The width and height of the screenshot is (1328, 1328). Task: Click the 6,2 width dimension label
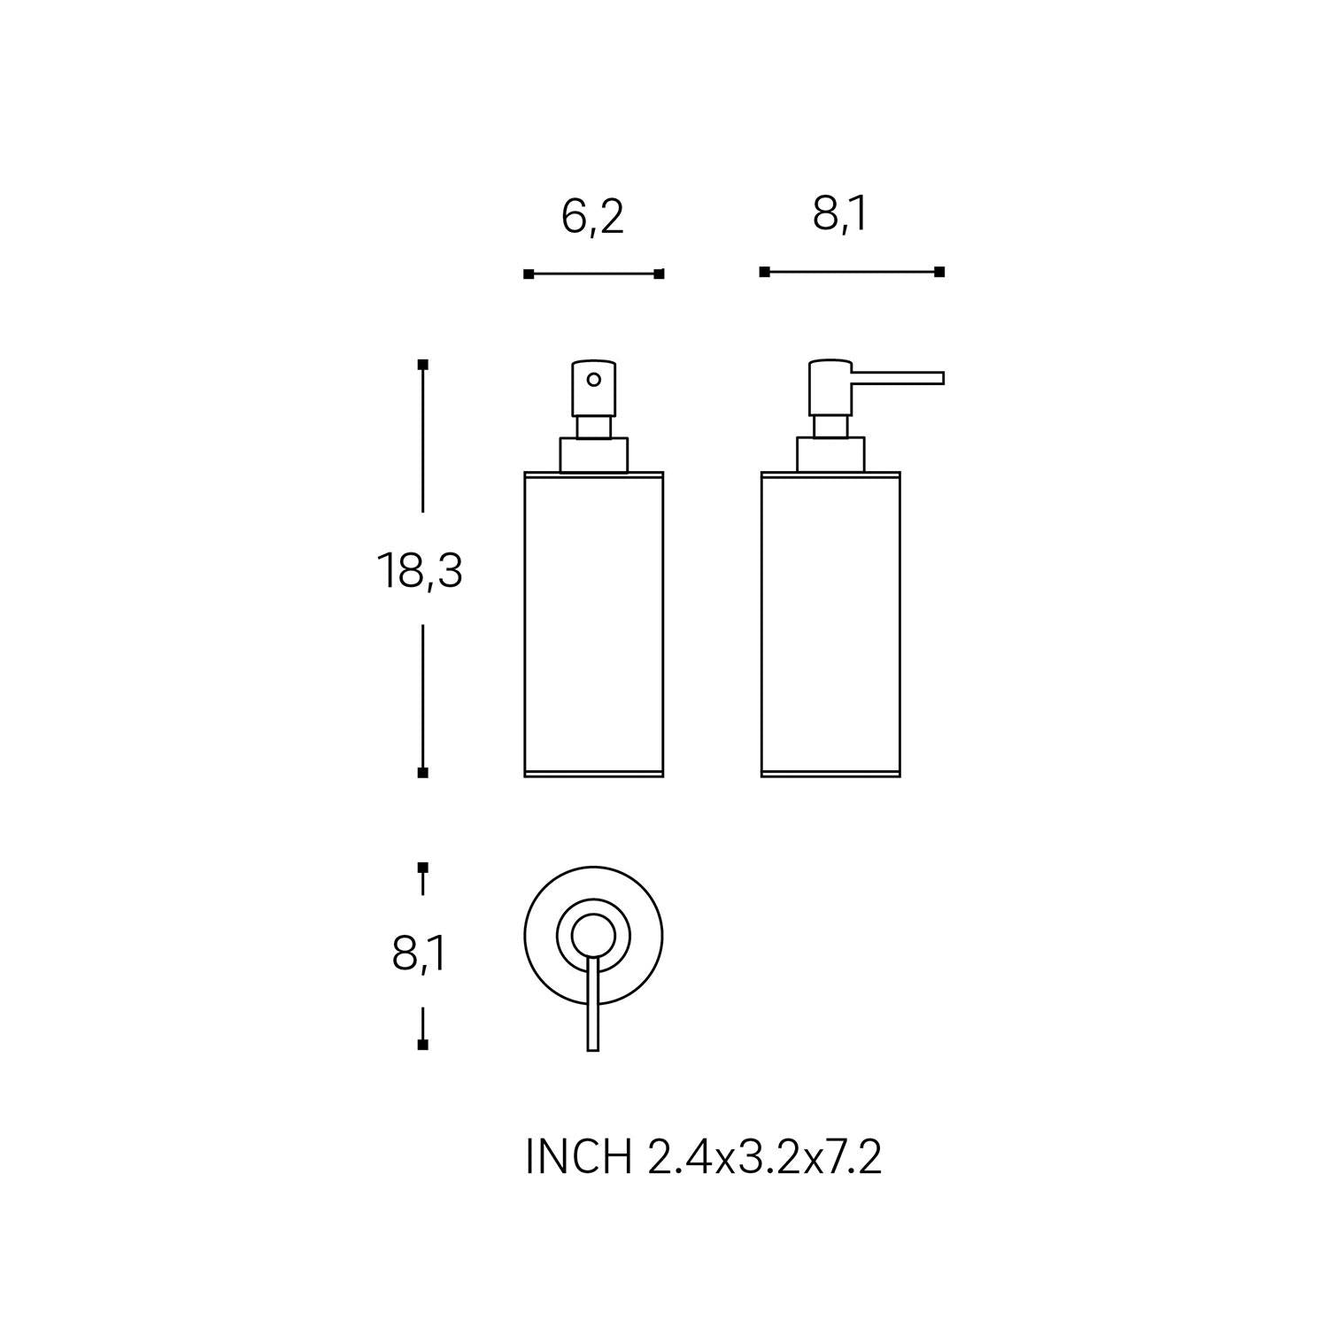pos(592,217)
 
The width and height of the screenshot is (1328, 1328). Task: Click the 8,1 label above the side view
pos(840,214)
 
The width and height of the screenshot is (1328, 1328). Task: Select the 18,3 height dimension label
pos(420,571)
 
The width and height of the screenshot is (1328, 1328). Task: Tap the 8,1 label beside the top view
pos(419,954)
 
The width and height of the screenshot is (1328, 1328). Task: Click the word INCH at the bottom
pos(579,1157)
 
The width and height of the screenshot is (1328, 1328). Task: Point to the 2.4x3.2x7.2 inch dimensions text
pos(765,1157)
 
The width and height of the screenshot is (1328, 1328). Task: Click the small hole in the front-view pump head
pos(594,380)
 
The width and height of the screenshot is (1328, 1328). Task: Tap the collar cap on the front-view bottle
pos(593,455)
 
